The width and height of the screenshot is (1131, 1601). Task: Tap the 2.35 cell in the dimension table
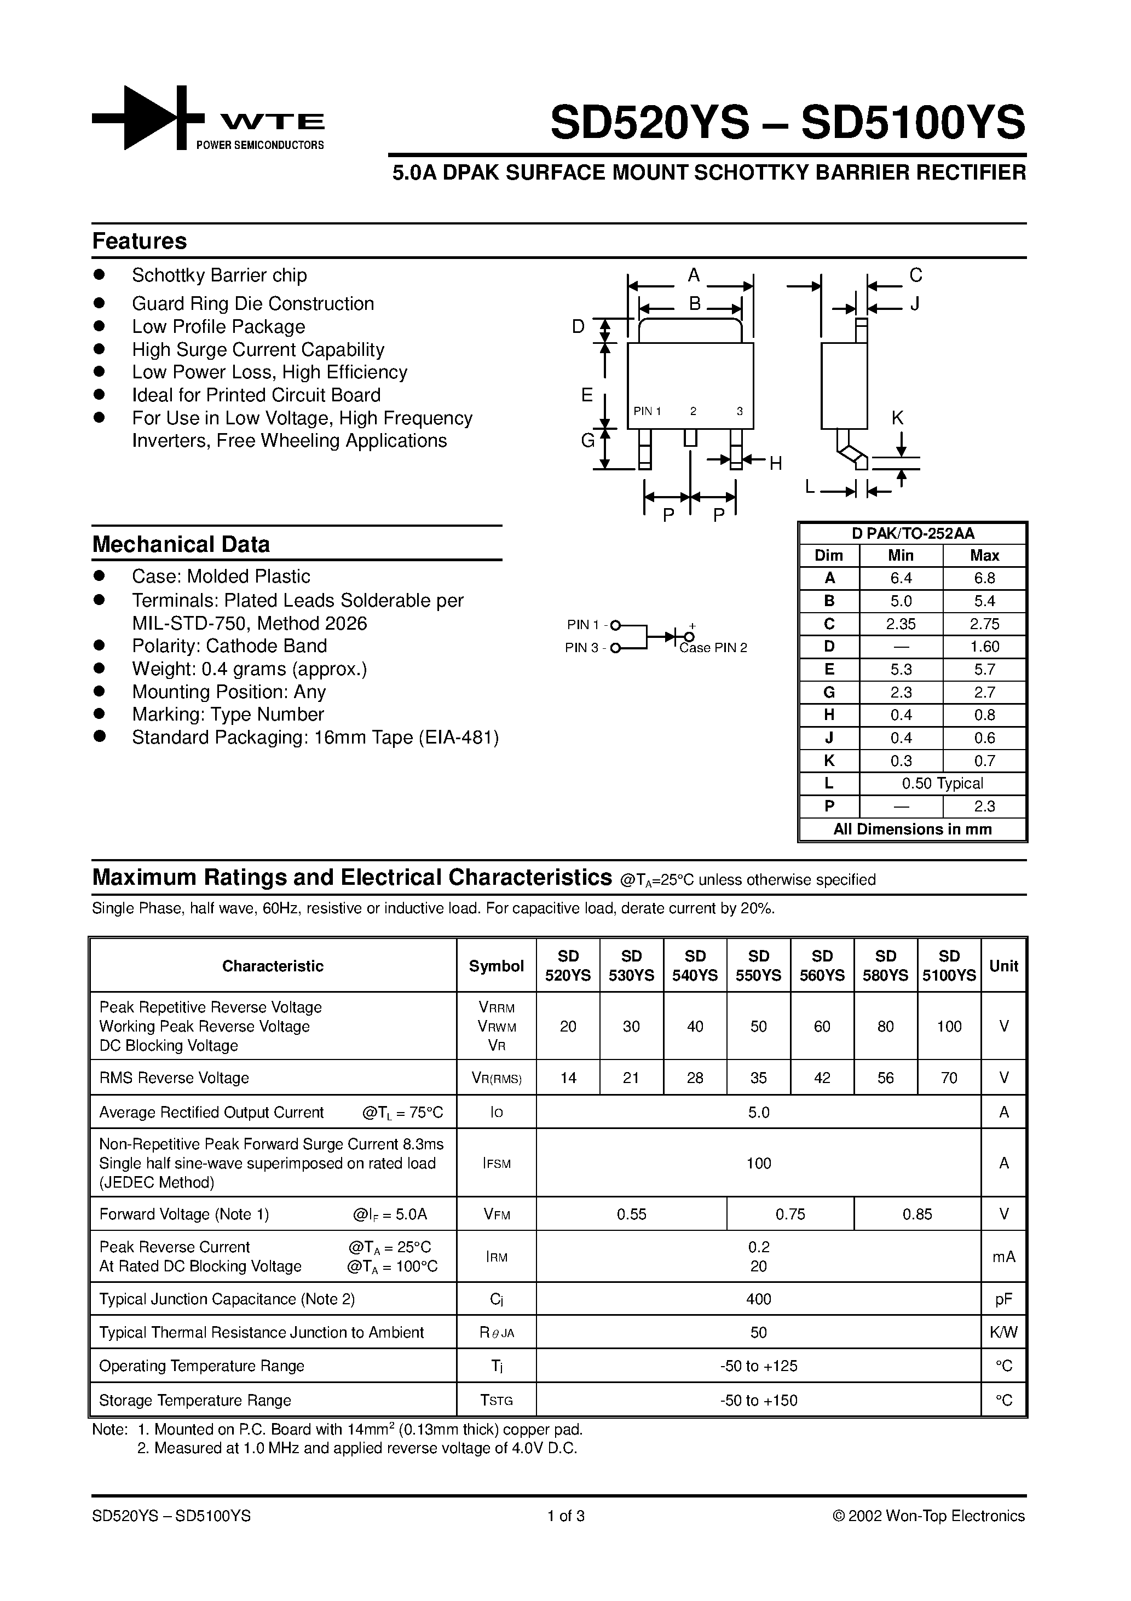tap(901, 624)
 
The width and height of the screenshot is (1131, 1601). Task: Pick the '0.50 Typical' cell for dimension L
tap(942, 784)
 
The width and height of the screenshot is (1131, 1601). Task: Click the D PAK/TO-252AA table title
tap(912, 533)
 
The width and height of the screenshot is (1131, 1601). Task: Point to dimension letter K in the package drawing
tap(897, 418)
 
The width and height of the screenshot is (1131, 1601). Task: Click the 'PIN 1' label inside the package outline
tap(647, 411)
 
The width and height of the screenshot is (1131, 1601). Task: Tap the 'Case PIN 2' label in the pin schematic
tap(713, 648)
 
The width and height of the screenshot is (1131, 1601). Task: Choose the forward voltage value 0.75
tap(790, 1214)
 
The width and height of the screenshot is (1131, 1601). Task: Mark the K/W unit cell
tap(1003, 1333)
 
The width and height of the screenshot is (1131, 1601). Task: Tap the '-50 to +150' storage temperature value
tap(758, 1401)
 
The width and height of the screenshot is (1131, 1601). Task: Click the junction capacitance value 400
tap(758, 1299)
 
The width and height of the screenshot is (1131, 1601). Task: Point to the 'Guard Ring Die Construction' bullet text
tap(252, 304)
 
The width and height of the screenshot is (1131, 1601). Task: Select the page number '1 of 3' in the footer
tap(565, 1516)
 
